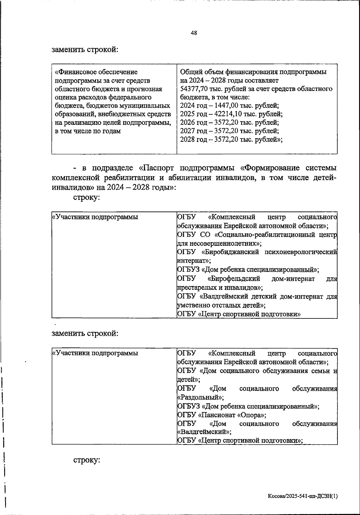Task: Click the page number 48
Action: tap(194, 33)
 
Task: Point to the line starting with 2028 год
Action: tap(231, 140)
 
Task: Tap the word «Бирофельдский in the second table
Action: tap(234, 279)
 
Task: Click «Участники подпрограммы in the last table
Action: tap(95, 353)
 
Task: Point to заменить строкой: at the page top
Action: tap(85, 49)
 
